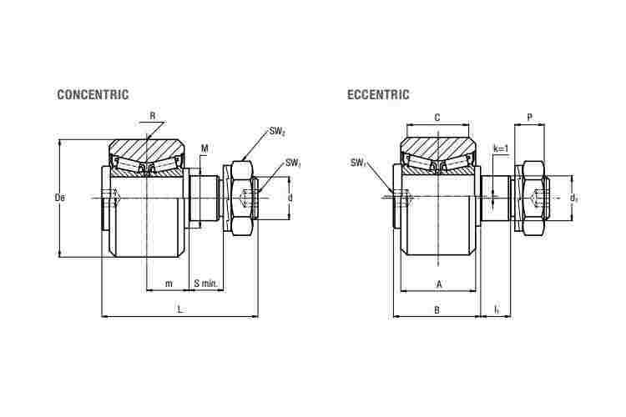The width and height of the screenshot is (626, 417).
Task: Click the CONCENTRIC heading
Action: tap(93, 94)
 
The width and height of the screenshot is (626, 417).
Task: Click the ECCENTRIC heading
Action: tap(378, 94)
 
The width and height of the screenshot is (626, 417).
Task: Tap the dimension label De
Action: tap(60, 197)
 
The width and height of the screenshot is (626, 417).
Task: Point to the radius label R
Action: tap(152, 116)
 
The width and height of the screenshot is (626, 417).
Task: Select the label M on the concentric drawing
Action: tap(204, 148)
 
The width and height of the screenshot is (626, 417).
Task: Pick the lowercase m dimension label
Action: tap(169, 284)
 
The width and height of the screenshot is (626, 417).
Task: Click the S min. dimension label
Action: tap(205, 284)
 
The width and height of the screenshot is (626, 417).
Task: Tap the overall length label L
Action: tap(180, 309)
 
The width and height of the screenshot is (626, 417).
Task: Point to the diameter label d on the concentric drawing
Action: tap(290, 198)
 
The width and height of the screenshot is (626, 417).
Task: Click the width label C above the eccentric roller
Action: tap(437, 118)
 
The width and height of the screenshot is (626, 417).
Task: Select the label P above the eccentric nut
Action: tap(529, 118)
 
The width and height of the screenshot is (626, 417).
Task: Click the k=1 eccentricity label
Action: tap(502, 148)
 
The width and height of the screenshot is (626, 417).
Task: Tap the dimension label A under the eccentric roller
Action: tap(439, 284)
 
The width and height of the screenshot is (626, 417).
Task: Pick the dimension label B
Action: tap(437, 309)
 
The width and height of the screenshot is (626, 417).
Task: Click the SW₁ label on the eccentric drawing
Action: tap(358, 163)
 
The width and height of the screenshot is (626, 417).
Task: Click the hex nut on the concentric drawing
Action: tap(242, 198)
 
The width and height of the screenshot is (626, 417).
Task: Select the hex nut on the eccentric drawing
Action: tap(534, 198)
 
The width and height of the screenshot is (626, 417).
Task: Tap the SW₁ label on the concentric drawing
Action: tap(293, 163)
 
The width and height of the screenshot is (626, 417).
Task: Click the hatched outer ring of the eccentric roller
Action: tap(438, 148)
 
